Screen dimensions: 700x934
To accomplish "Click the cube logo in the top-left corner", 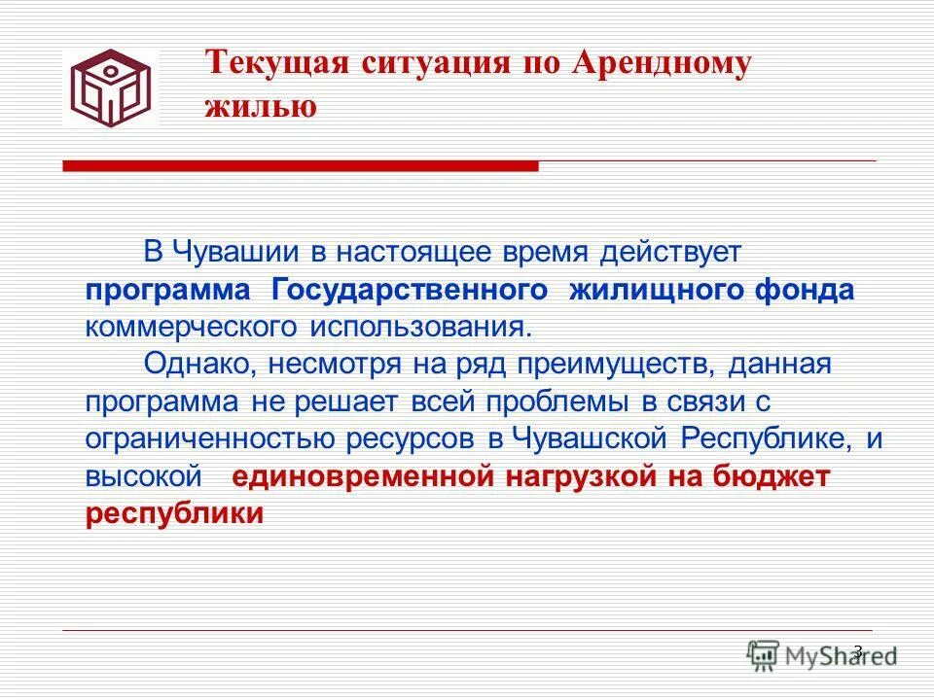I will tap(110, 88).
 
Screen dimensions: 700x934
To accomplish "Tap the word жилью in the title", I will tap(260, 106).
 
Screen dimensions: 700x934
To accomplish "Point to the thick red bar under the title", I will tap(300, 167).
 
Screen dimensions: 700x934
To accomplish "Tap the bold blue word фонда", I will tap(808, 291).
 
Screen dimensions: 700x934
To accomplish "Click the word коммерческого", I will tap(194, 326).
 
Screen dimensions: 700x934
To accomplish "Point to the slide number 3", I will tap(857, 650).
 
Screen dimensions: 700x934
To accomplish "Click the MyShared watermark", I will tap(822, 654).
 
